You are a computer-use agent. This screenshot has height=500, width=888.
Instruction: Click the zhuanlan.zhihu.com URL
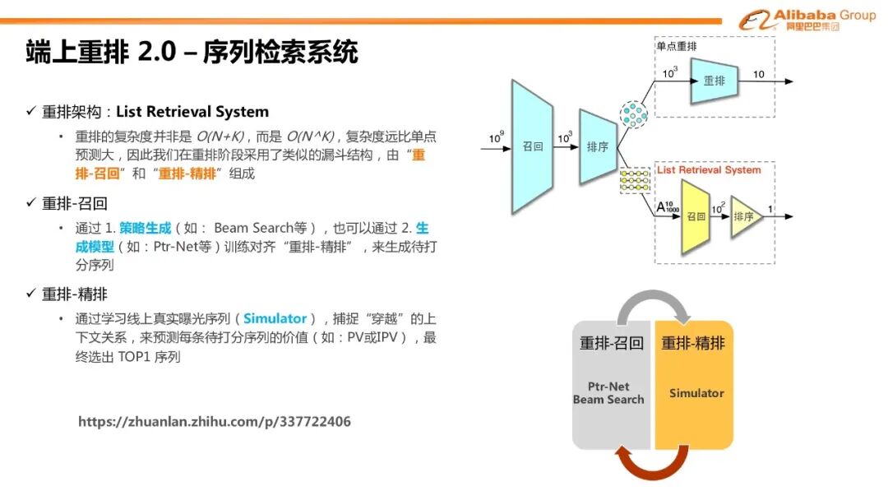point(215,422)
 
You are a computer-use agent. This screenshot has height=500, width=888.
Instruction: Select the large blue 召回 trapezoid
point(533,146)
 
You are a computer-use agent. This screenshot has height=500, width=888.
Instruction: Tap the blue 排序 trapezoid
point(597,147)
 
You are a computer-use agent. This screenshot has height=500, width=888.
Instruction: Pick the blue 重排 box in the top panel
point(715,81)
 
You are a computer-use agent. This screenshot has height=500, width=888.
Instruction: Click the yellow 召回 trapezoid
point(696,217)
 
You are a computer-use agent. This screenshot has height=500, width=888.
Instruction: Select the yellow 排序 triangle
point(745,217)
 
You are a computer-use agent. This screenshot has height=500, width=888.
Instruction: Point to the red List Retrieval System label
point(709,170)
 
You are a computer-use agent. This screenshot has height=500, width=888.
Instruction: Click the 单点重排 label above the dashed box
point(677,47)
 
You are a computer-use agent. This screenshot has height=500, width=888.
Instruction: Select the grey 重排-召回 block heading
point(612,343)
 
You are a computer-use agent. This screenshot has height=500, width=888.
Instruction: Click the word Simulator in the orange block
point(696,393)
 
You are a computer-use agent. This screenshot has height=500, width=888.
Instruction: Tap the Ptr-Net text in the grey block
point(608,386)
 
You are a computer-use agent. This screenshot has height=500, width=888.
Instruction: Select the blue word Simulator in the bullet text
point(275,318)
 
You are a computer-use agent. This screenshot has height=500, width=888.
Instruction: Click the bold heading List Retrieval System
point(192,112)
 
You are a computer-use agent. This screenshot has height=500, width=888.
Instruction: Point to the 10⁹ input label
point(496,138)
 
